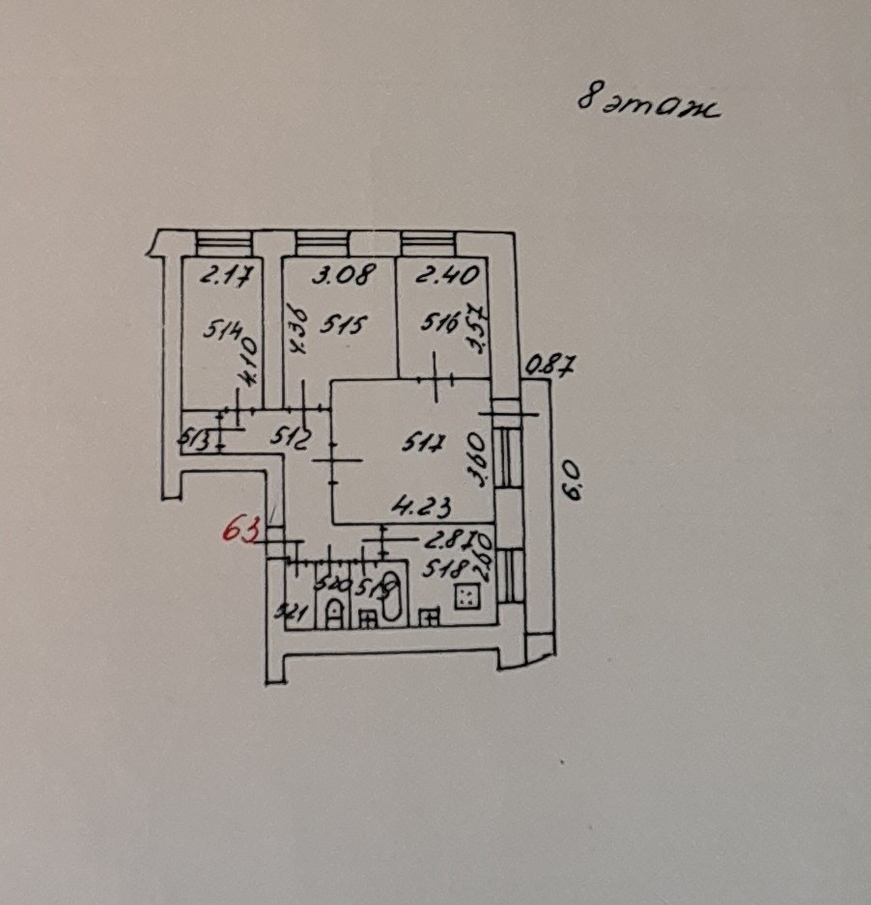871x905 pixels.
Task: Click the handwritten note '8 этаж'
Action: pyautogui.click(x=648, y=103)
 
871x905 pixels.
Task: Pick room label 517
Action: pyautogui.click(x=425, y=445)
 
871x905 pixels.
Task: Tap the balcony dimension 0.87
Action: pyautogui.click(x=550, y=365)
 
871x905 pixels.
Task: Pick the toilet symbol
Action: pyautogui.click(x=333, y=611)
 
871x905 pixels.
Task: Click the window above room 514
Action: pyautogui.click(x=223, y=241)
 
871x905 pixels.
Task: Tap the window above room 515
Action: pyautogui.click(x=322, y=241)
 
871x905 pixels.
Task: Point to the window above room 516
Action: pyautogui.click(x=428, y=241)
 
